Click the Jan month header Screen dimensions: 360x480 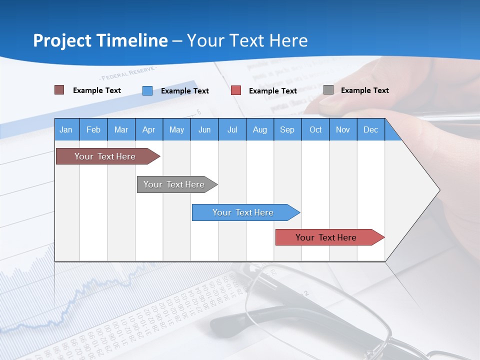click(x=66, y=130)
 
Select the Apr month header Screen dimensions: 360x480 click(x=149, y=130)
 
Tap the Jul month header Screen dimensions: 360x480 click(x=232, y=130)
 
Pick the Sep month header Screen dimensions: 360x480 click(x=287, y=130)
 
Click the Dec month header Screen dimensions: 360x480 click(x=370, y=130)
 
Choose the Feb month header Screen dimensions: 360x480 click(x=93, y=130)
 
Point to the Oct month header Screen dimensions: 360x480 click(x=315, y=130)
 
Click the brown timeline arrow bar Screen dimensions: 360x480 click(x=105, y=156)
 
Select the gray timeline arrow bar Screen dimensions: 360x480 click(x=174, y=184)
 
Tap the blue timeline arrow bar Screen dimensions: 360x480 click(x=243, y=212)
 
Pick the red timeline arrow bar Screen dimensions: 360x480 click(x=326, y=237)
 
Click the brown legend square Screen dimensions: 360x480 click(x=59, y=90)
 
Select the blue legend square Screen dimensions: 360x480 click(x=147, y=90)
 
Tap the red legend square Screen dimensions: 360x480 click(x=236, y=90)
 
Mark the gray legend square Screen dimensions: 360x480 click(x=328, y=90)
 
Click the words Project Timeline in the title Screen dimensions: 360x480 click(x=100, y=40)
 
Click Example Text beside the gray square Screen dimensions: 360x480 click(x=364, y=90)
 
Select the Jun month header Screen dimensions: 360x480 click(x=204, y=130)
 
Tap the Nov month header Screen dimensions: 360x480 click(x=343, y=130)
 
